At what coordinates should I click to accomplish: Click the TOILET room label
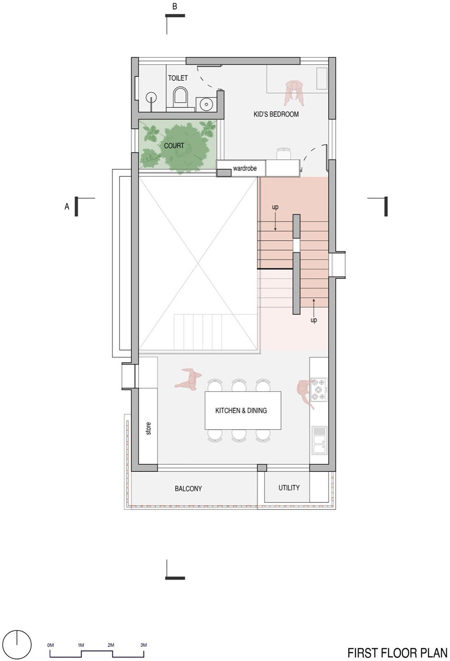click(178, 78)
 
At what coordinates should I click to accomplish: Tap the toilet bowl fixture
click(180, 97)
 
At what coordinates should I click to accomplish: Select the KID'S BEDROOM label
click(276, 114)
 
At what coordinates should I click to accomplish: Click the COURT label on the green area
click(174, 145)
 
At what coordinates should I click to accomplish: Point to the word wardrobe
click(245, 168)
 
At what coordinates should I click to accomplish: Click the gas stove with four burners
click(319, 389)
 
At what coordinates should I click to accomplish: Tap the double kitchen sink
click(319, 440)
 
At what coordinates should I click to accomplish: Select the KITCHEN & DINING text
click(241, 410)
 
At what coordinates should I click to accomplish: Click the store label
click(148, 428)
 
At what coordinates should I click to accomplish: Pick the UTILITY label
click(289, 488)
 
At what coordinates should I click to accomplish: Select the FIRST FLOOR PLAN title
click(397, 653)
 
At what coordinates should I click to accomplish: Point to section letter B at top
click(175, 7)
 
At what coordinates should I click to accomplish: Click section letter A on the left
click(67, 206)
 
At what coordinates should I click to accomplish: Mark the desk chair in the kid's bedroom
click(284, 154)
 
